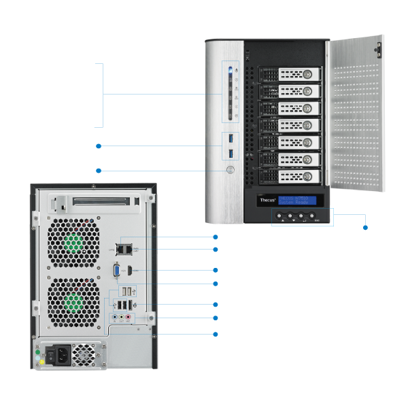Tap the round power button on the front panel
pos(231,171)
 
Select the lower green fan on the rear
pos(73,301)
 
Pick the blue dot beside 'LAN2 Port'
pos(214,237)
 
